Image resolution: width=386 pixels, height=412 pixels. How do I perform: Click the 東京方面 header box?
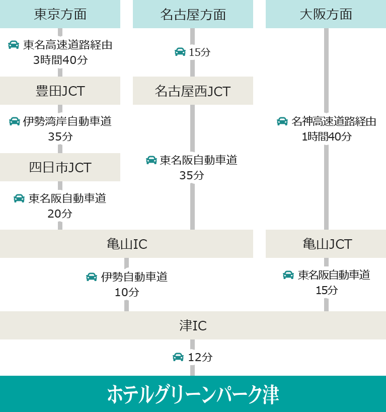point(60,14)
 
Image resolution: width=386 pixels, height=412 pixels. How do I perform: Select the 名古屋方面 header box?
point(193,14)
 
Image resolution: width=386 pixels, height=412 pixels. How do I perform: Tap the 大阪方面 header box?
point(326,14)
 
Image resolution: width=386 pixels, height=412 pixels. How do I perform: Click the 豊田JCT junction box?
point(60,91)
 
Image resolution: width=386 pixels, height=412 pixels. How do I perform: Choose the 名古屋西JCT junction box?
point(193,91)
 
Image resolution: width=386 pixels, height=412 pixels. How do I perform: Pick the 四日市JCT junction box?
point(60,167)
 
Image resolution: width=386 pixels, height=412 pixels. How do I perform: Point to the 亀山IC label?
point(126,244)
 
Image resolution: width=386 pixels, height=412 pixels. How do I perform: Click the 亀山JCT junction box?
point(326,244)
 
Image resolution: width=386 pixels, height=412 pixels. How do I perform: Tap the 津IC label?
point(193,325)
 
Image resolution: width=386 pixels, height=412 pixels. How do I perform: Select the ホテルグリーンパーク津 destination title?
point(193,394)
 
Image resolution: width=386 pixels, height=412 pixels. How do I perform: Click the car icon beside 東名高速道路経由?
point(14,45)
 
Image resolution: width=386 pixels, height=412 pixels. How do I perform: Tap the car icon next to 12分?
point(178,357)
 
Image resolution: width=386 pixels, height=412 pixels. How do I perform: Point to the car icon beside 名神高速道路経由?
point(282,121)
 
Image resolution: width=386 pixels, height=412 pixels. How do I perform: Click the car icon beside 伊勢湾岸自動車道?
point(15,121)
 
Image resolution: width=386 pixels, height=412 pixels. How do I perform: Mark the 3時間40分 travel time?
point(60,60)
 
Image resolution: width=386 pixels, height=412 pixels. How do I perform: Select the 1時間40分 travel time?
point(327,136)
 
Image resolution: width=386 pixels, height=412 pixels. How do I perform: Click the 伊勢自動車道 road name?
point(134,277)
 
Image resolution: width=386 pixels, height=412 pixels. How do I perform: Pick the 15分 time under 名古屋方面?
point(200,52)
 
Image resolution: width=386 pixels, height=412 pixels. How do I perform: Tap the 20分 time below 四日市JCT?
point(60,214)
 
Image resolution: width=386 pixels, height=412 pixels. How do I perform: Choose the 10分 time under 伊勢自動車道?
point(127,292)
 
